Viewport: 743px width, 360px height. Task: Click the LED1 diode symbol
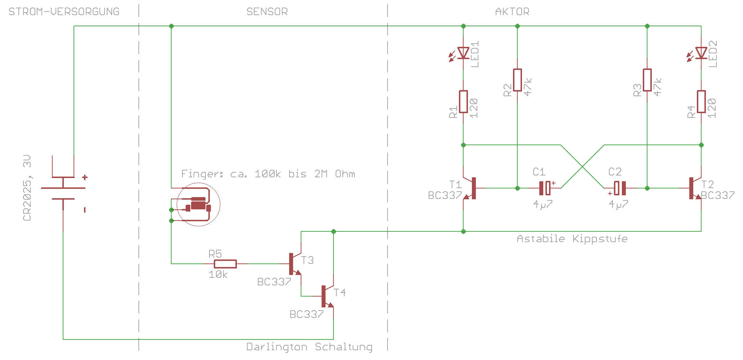463,53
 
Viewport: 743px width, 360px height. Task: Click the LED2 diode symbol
701,53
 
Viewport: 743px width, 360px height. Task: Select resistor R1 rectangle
463,102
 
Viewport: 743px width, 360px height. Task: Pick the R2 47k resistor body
517,80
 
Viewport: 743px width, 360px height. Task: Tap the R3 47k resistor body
647,80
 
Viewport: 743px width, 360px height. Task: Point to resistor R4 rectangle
701,102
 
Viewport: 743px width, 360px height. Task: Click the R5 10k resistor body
225,264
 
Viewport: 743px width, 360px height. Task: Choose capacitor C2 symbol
620,188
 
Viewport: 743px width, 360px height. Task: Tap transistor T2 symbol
694,188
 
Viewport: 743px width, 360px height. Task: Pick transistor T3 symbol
293,264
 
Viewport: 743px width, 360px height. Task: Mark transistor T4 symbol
326,296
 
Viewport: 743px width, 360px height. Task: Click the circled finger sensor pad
198,205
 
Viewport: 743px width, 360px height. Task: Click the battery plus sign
85,177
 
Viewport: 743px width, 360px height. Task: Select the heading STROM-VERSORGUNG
64,12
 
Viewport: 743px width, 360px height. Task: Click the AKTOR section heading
512,12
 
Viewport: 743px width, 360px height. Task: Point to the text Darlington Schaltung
309,347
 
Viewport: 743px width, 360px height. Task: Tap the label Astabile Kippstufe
572,239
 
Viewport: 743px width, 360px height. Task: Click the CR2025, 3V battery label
27,188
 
